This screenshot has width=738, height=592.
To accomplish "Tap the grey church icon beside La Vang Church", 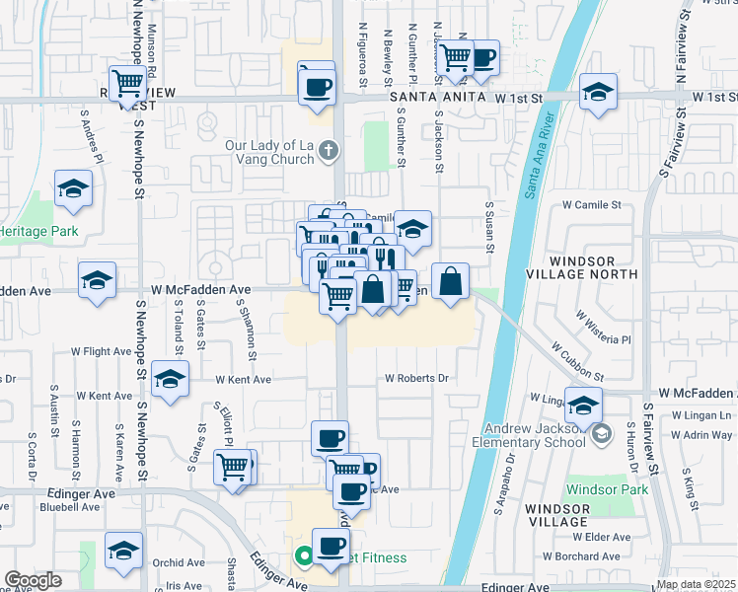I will coord(332,151).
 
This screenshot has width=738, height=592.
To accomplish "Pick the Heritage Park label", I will coord(37,230).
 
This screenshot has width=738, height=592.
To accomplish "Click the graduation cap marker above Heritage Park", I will coord(72,189).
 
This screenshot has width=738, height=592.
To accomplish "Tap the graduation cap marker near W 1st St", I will coord(597,93).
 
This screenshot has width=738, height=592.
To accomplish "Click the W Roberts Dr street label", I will coord(416,378).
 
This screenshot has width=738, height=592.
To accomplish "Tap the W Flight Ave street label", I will coord(101,351).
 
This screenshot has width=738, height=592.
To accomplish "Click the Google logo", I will coord(33,580).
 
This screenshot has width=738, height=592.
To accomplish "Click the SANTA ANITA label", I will coord(424,98).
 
